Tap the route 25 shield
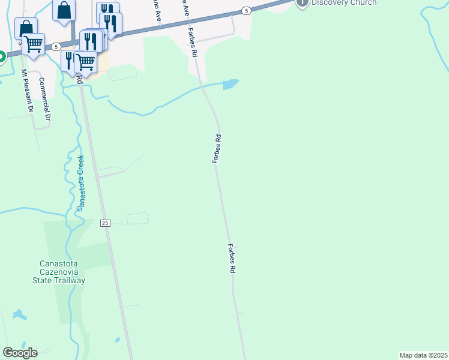(x=105, y=223)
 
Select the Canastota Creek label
(x=80, y=183)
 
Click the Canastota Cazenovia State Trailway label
(x=62, y=272)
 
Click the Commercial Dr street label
(x=43, y=99)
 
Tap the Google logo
(x=20, y=353)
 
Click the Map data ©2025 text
(x=424, y=355)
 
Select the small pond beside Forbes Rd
(x=230, y=85)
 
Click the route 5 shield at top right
(x=246, y=11)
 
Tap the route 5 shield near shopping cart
(x=55, y=46)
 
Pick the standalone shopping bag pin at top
(x=64, y=10)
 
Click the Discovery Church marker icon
(x=303, y=2)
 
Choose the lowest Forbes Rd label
(x=231, y=259)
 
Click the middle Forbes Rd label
(x=218, y=149)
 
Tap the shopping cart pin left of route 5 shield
(x=33, y=43)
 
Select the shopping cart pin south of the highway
(x=86, y=61)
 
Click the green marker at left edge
(x=1, y=57)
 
